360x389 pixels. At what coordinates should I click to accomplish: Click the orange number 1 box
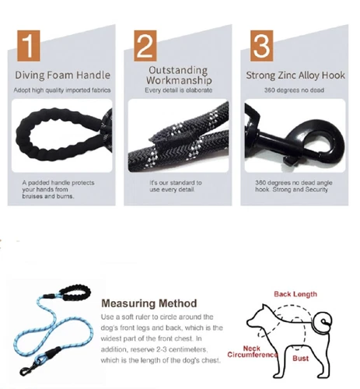28,46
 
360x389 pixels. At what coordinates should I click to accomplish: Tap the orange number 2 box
145,46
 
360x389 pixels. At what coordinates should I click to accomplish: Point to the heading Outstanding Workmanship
177,75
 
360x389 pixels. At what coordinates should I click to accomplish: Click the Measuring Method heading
149,303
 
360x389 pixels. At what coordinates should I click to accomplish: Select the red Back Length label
294,294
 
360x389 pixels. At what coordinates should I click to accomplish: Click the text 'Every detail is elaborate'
177,91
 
